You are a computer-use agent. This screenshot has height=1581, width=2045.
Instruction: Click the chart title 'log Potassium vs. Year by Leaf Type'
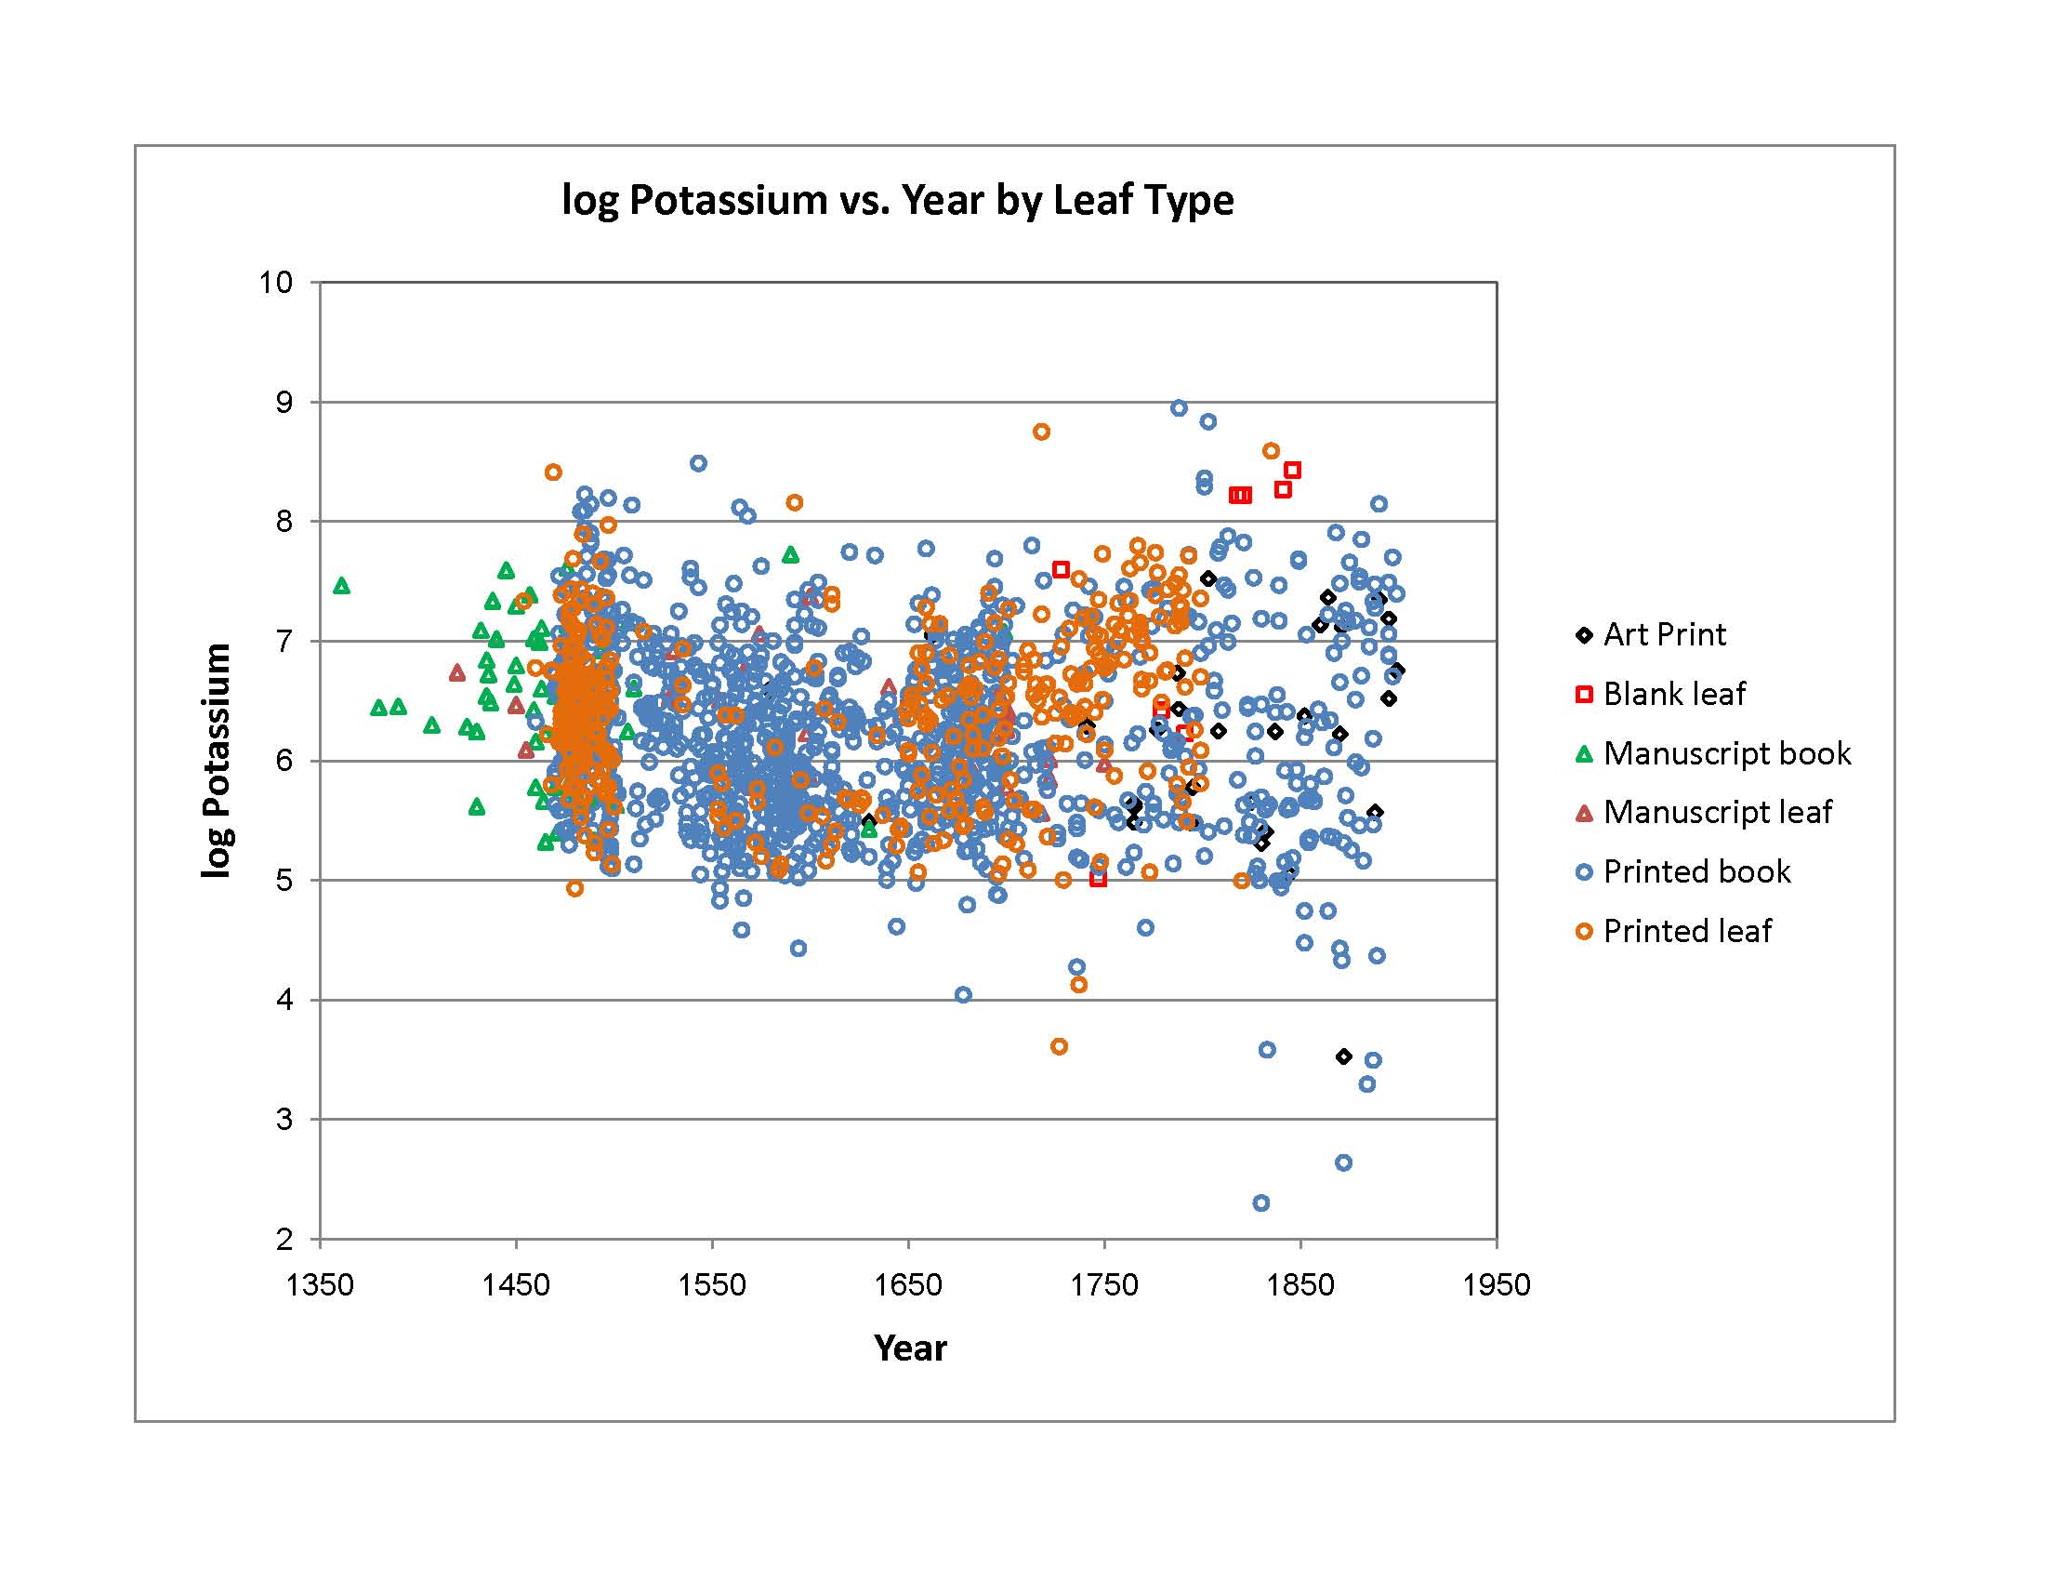(897, 201)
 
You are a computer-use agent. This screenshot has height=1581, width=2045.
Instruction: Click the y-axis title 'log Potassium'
(217, 761)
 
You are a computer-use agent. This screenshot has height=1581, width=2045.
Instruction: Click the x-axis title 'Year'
(909, 1348)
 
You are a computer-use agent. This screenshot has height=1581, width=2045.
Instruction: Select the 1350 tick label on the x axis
(321, 1285)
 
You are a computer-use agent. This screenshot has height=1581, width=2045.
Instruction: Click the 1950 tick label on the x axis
(1497, 1285)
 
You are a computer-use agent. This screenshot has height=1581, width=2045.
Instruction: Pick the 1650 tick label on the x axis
(908, 1285)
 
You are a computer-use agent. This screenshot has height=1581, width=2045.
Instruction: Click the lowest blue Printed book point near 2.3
(1261, 1202)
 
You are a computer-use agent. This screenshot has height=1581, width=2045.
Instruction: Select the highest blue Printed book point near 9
(1179, 407)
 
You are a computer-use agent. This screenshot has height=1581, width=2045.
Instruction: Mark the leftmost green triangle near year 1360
(342, 586)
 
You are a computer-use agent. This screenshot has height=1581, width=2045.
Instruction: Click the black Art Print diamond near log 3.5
(1344, 1056)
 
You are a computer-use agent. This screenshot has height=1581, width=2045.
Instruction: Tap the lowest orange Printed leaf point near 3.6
(1059, 1046)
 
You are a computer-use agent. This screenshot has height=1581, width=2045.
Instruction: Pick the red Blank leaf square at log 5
(1099, 880)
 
